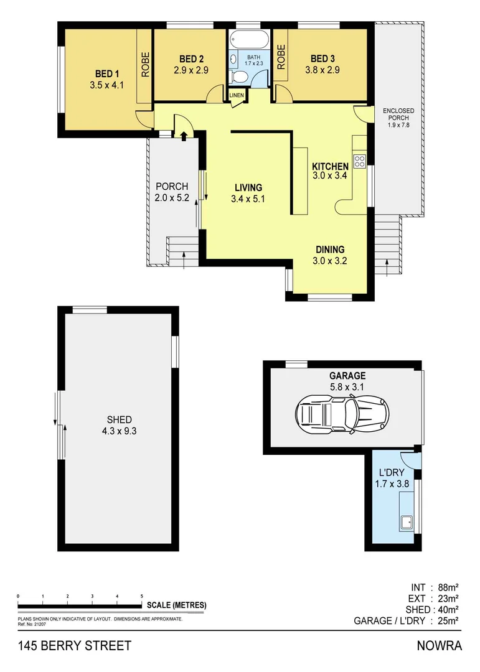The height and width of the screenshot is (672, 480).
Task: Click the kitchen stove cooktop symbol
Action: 360,162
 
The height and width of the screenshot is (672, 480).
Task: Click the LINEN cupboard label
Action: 237,95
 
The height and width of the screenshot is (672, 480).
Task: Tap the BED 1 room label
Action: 107,72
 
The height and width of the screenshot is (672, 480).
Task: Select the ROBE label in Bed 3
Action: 281,57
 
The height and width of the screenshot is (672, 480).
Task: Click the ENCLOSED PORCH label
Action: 398,118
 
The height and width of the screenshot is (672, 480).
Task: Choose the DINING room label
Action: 329,250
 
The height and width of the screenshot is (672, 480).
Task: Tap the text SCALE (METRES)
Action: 176,605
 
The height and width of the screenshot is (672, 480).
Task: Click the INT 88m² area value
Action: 435,587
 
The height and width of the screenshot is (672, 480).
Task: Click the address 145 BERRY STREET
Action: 74,646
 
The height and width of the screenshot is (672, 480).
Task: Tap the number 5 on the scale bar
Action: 141,596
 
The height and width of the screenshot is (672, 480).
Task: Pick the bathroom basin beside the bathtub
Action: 233,59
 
